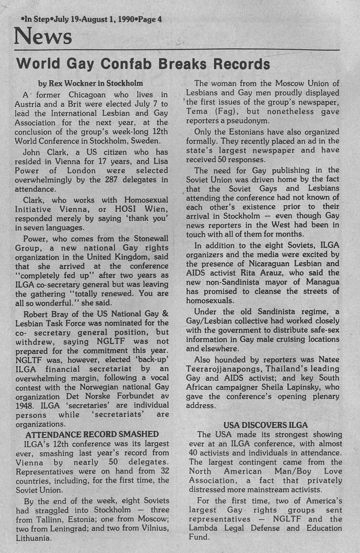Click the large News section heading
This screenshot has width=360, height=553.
point(43,37)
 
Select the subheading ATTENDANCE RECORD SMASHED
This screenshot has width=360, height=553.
point(92,434)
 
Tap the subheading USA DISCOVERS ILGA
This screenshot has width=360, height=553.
point(265,425)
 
